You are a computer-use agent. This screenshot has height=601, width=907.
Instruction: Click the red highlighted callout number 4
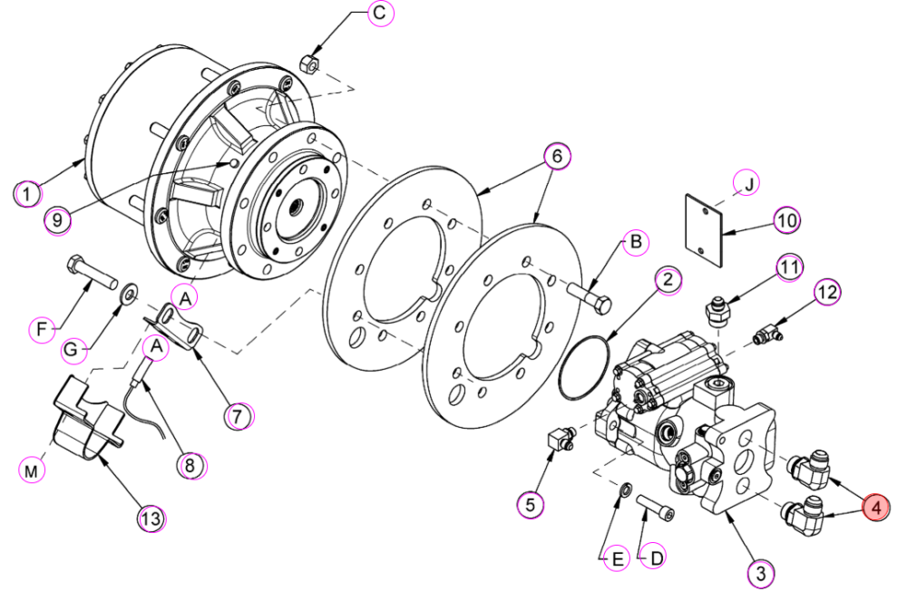coord(876,508)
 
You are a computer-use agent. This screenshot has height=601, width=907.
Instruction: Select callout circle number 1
coord(27,192)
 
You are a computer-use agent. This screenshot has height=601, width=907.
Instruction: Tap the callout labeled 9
coord(57,219)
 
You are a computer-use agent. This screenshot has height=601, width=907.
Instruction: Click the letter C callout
coord(380,13)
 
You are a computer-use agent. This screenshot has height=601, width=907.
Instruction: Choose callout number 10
coord(787,219)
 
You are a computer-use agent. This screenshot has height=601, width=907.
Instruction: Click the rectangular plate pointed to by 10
coord(704,230)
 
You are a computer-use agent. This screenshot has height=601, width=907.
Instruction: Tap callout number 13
coord(151,518)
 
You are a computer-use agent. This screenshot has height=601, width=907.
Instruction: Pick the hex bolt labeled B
coord(590,297)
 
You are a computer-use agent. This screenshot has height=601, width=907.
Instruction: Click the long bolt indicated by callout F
coord(93,275)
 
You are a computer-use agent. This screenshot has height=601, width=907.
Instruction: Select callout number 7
coord(239,415)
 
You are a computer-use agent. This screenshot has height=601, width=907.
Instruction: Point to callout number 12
coord(828,293)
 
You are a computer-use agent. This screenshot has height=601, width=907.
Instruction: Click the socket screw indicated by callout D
coord(656,508)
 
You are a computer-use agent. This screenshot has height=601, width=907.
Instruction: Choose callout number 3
coord(761,573)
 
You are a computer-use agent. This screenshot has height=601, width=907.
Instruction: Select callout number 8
coord(190,465)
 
